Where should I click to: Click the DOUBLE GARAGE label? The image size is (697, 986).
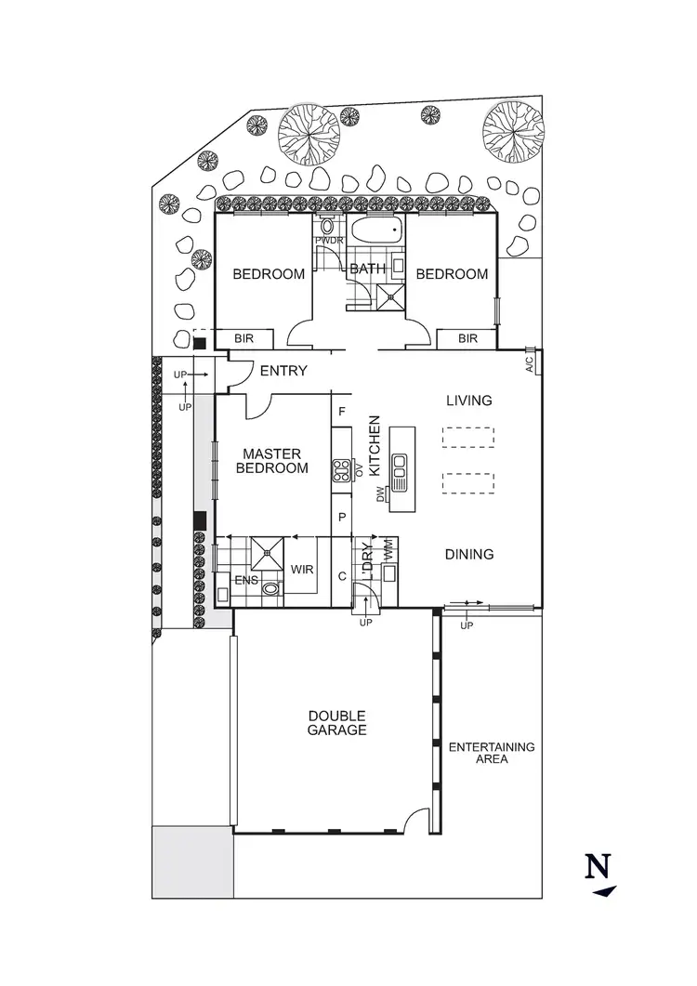(x=337, y=723)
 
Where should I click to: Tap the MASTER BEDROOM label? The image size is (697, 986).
(x=272, y=461)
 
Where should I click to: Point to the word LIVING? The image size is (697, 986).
(x=468, y=401)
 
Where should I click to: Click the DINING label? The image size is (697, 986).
(x=468, y=555)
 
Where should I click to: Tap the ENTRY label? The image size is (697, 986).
(x=283, y=371)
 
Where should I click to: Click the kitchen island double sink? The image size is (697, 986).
(x=401, y=472)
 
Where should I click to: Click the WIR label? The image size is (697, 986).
(x=302, y=569)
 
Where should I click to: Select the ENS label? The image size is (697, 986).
(x=246, y=581)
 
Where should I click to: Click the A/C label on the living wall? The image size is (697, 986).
(x=529, y=362)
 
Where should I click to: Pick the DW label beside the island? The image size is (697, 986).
(x=380, y=496)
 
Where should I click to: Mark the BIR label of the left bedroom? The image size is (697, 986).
(x=244, y=339)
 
